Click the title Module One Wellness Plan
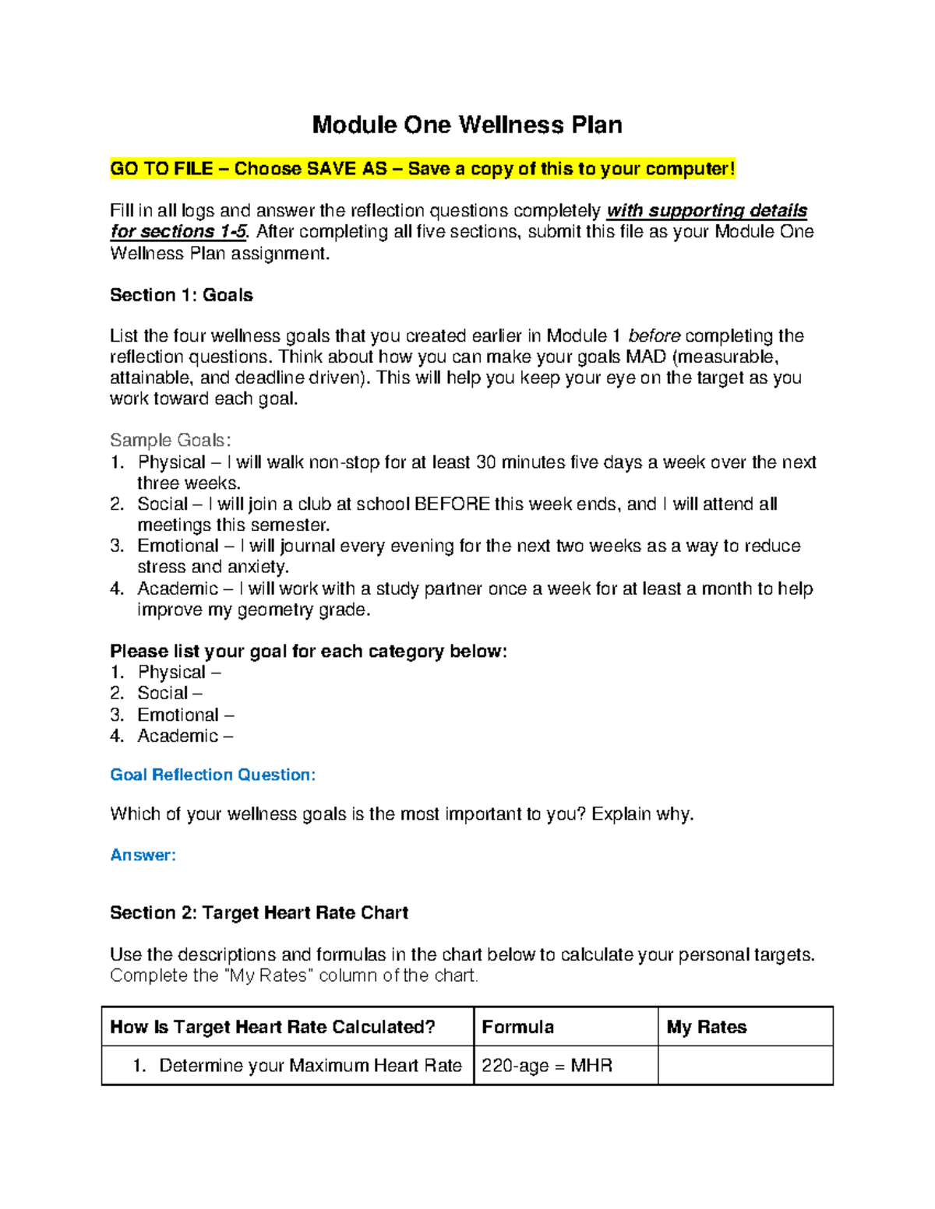tap(467, 125)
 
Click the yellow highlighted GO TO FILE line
tap(422, 169)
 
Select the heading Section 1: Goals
tap(181, 295)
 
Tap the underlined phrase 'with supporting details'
tap(707, 211)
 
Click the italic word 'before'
tap(654, 336)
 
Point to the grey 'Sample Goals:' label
tap(171, 441)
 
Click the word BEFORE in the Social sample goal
tap(452, 504)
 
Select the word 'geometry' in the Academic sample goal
tap(276, 610)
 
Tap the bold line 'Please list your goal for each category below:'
tap(309, 652)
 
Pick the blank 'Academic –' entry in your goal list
tap(185, 736)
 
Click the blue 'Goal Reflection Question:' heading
tap(213, 775)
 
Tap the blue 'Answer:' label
tap(143, 856)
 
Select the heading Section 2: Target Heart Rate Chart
tap(259, 913)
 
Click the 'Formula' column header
tap(518, 1028)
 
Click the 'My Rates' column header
tap(707, 1028)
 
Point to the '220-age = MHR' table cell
tap(547, 1066)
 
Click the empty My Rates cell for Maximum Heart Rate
tap(745, 1066)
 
